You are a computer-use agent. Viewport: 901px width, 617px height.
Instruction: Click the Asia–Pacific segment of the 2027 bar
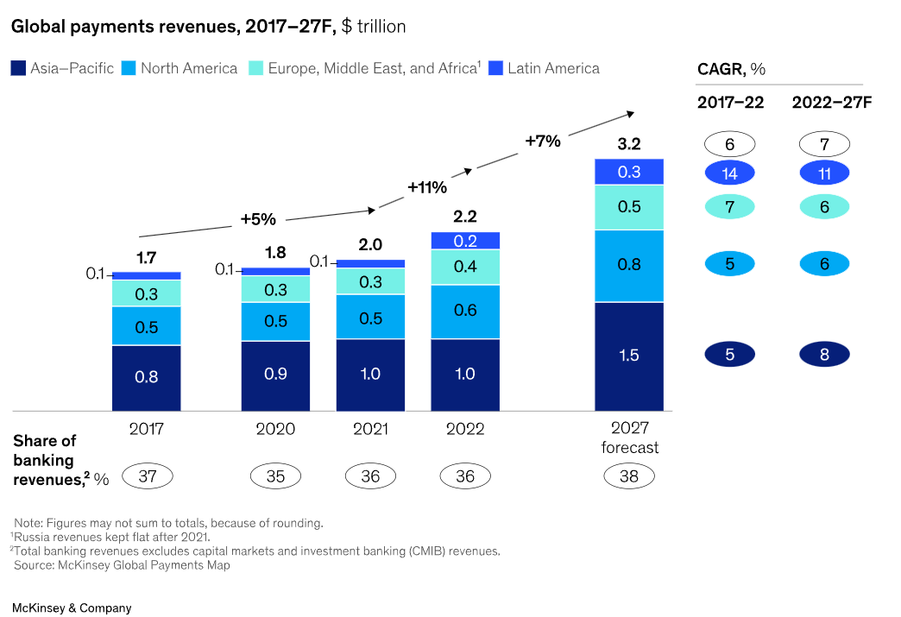[629, 356]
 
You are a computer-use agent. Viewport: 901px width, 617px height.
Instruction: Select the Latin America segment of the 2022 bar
[465, 241]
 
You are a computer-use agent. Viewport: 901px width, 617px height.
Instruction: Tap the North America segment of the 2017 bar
[147, 326]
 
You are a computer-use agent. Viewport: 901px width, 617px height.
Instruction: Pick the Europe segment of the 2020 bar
[275, 289]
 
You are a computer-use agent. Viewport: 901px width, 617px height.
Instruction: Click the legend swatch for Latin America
[495, 68]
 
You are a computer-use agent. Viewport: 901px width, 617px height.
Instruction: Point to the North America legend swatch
[129, 68]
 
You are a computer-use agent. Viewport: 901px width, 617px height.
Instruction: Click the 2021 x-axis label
[370, 429]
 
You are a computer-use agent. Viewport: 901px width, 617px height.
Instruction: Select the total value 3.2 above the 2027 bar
[629, 143]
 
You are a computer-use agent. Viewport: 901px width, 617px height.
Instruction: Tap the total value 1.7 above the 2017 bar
[147, 256]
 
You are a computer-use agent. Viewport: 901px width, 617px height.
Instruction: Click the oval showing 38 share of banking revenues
[629, 475]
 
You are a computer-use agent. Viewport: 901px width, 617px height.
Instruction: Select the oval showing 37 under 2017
[148, 475]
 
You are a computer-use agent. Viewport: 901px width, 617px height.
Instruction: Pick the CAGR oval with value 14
[729, 173]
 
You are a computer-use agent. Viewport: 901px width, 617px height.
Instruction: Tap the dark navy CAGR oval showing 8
[824, 354]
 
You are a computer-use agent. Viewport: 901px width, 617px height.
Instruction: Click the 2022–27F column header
[832, 103]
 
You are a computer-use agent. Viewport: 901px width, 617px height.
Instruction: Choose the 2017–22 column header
[730, 103]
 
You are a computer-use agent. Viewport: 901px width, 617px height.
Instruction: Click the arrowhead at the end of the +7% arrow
[631, 112]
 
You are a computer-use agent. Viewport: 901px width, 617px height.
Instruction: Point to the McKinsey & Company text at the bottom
[72, 608]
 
